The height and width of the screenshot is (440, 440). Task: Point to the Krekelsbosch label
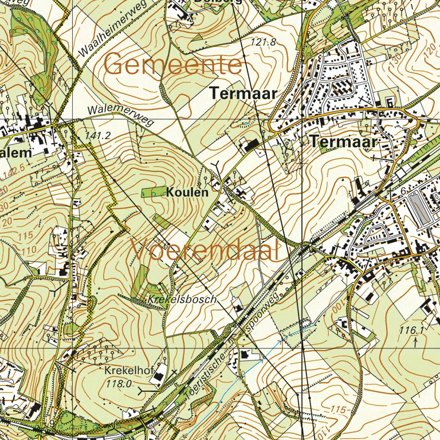coord(182,300)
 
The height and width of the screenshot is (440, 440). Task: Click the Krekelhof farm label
coord(128,371)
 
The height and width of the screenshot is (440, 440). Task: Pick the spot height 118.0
coord(119,384)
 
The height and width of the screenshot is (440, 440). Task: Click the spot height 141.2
coord(97,136)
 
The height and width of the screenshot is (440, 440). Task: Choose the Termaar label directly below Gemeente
coord(243,93)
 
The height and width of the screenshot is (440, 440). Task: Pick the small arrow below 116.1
coord(415,342)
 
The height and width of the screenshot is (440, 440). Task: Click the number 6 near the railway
coord(403,191)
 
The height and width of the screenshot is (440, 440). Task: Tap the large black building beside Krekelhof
coord(158,377)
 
